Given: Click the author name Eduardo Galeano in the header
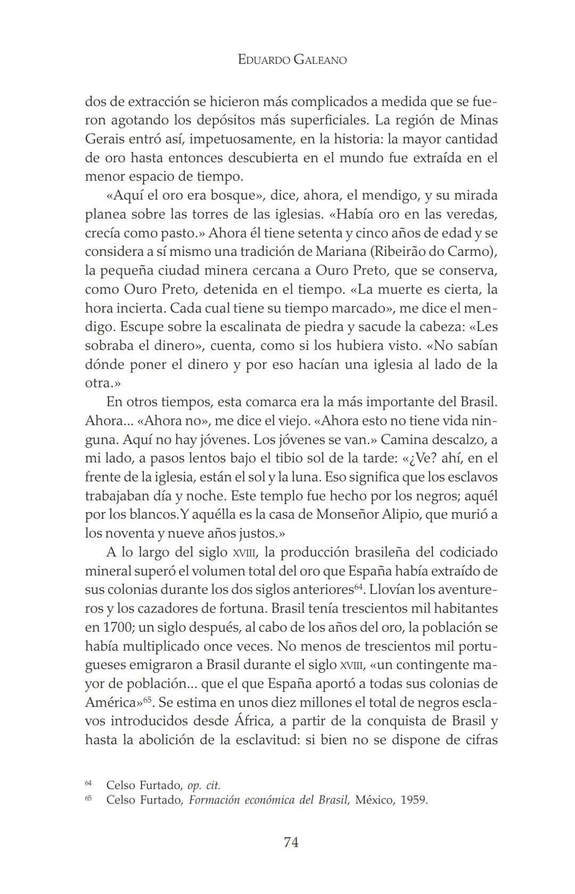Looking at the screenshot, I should click(x=292, y=60).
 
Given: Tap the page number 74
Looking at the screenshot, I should click(x=291, y=842).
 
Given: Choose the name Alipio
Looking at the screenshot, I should click(x=405, y=514).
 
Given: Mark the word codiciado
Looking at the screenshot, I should click(x=466, y=552).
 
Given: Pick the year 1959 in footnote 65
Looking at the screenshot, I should click(x=414, y=800).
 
